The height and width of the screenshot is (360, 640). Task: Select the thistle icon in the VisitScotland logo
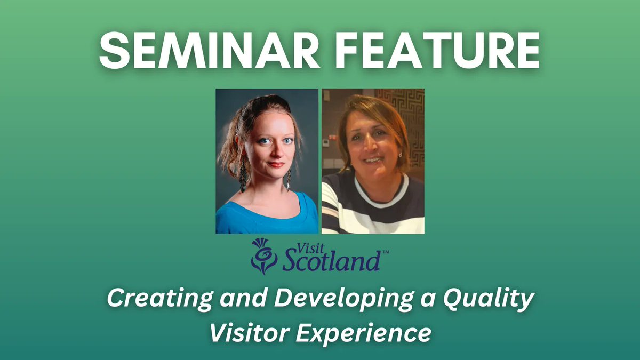click(263, 255)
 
